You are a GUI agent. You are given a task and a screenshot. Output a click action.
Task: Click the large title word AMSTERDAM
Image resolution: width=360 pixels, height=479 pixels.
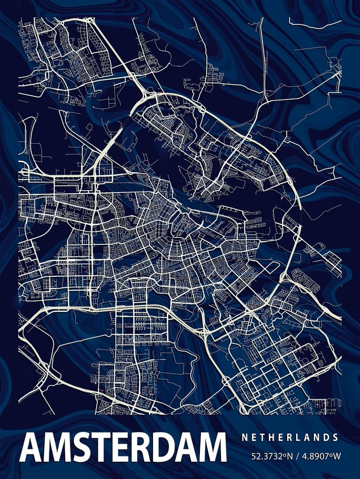coord(123,448)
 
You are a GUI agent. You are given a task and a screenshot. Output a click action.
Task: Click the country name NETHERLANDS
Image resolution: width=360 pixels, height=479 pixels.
coord(290,437)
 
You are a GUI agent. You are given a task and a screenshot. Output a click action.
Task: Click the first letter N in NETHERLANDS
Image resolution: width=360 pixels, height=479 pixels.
coord(244,437)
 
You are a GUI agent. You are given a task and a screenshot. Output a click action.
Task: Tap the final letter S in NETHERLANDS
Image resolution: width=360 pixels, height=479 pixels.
coord(336,437)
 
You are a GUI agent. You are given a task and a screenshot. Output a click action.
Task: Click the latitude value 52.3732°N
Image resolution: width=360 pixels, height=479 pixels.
coord(271,456)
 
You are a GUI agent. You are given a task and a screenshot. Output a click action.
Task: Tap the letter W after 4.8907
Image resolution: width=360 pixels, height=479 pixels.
coord(337,456)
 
